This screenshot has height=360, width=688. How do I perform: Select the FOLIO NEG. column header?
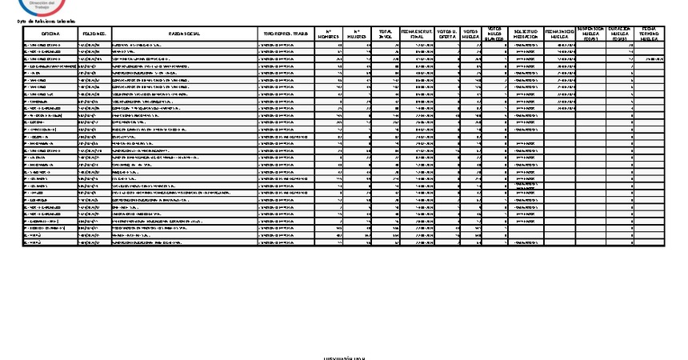pos(94,34)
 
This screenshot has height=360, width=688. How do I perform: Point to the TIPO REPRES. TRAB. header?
pos(286,34)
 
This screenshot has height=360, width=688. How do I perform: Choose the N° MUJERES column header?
pos(358,34)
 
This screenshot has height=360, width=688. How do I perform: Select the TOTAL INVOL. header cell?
pos(386,34)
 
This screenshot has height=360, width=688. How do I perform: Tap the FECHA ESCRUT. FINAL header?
pos(417,34)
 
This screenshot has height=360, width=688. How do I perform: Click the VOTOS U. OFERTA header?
pos(447,34)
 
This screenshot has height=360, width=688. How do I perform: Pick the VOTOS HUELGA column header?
pos(471,34)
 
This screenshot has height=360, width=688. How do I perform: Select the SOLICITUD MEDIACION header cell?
pos(525,34)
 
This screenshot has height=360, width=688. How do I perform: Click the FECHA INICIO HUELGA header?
pos(559,34)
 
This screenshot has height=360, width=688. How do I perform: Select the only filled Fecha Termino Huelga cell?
pos(653,58)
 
